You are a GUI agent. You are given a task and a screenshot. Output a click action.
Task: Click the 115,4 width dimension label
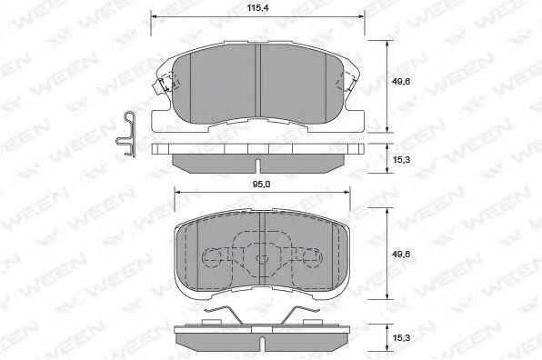(x=258, y=8)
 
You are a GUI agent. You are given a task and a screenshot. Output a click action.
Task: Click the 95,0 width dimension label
(x=261, y=185)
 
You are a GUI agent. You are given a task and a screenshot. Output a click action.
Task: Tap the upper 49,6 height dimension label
(x=401, y=82)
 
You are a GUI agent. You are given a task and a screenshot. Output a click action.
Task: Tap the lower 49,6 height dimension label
(x=401, y=255)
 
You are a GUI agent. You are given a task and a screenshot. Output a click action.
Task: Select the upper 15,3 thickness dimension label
(x=401, y=160)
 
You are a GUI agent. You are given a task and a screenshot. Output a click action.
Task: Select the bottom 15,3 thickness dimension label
(x=401, y=337)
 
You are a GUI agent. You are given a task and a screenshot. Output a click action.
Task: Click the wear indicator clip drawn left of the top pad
(x=125, y=134)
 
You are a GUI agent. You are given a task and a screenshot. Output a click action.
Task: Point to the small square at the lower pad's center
(x=262, y=258)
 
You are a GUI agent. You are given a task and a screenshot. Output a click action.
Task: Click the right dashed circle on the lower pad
(x=313, y=258)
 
